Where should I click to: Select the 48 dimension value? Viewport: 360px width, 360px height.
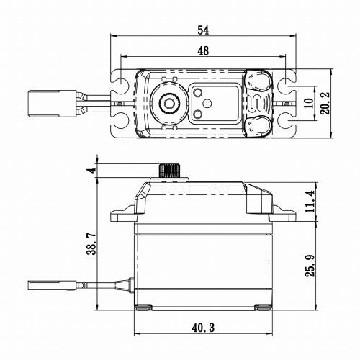click(204, 50)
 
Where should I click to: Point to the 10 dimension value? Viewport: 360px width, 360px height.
click(308, 105)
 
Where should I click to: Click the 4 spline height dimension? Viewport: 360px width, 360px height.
click(90, 171)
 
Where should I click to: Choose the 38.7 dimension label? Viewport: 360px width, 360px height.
click(90, 240)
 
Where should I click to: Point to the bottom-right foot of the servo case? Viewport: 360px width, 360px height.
click(263, 307)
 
